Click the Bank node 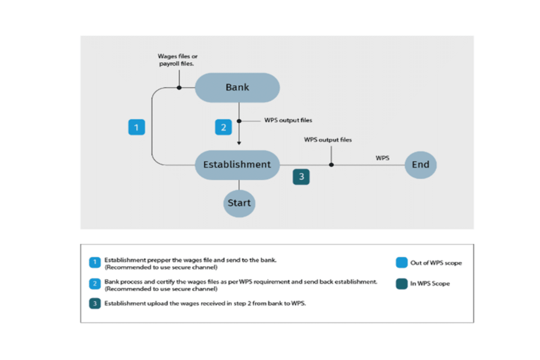pos(238,87)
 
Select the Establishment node pos(237,165)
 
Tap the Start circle pos(239,203)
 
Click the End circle pos(420,165)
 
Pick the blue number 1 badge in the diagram pos(136,127)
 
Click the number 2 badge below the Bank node pos(224,127)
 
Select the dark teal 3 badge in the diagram pos(301,176)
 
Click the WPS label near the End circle pos(382,158)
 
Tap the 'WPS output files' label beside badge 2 pos(288,120)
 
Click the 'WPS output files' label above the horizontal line pos(328,140)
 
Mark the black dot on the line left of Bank pos(179,88)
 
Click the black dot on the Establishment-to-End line pos(331,165)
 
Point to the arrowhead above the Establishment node pos(239,143)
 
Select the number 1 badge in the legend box pos(95,263)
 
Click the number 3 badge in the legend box pos(95,303)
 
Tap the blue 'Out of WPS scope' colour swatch pos(401,263)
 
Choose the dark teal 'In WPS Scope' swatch pos(401,284)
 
